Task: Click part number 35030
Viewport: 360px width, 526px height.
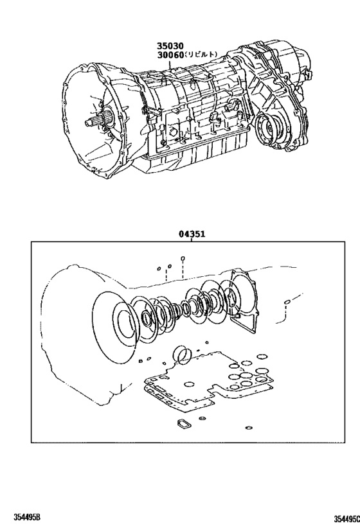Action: tap(168, 46)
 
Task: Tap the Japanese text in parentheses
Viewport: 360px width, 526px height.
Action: tap(202, 56)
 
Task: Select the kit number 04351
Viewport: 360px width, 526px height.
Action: tap(192, 234)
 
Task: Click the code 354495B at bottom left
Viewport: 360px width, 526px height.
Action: tap(22, 518)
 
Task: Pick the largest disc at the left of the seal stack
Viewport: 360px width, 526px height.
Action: tap(117, 319)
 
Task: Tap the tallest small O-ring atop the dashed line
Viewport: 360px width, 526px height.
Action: tap(183, 260)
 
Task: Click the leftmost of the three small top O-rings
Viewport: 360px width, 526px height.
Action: tap(158, 269)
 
